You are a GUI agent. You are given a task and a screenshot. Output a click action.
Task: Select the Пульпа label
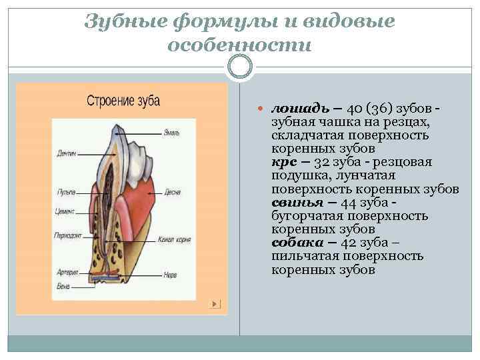[x=65, y=193]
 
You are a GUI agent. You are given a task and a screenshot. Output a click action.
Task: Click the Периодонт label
[x=69, y=235]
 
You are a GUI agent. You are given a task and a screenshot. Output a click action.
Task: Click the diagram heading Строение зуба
[x=123, y=101]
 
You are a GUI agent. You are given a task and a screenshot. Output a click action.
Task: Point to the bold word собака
[x=293, y=243]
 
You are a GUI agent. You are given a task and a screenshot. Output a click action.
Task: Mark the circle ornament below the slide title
[x=240, y=67]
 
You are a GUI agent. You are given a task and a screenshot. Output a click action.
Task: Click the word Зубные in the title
[x=126, y=21]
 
